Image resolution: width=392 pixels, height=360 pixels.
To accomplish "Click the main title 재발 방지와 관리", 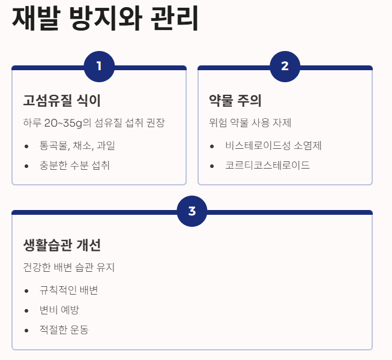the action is click(x=105, y=20).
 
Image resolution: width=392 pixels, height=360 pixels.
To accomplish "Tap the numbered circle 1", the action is click(x=99, y=66).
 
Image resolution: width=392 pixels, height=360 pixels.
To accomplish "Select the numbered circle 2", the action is click(x=285, y=66).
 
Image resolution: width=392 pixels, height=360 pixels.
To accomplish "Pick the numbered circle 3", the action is click(x=192, y=211).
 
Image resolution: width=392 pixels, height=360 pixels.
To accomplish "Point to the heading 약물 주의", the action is click(x=235, y=100).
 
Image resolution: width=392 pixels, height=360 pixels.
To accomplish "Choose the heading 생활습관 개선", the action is click(x=62, y=245).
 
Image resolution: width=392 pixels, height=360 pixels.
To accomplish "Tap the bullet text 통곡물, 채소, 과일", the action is click(x=77, y=146).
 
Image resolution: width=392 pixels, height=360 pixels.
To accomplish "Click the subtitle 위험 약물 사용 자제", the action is click(x=250, y=123).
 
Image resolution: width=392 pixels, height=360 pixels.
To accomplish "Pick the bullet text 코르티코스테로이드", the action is click(x=267, y=165).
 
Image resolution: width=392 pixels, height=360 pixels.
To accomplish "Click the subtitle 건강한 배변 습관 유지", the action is click(x=68, y=267).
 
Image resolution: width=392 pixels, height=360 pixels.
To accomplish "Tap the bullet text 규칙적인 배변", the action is click(x=68, y=290).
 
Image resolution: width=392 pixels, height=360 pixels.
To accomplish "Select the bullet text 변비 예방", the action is click(x=59, y=310).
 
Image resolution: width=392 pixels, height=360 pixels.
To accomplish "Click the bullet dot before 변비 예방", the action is click(x=26, y=311).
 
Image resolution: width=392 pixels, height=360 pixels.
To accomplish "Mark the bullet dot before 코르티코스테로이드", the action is click(x=212, y=166).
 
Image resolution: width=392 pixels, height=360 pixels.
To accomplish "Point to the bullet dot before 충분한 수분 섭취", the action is click(x=26, y=166).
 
